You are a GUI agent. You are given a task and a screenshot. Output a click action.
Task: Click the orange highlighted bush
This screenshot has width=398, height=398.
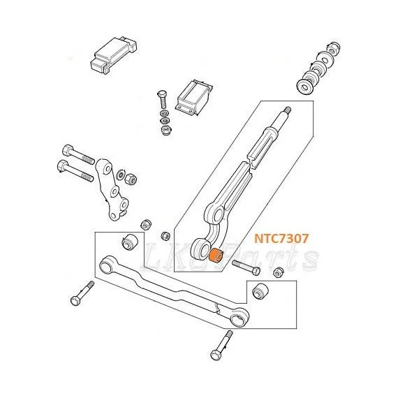click(x=215, y=256)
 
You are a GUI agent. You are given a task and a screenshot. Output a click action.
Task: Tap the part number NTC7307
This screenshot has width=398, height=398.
click(x=281, y=239)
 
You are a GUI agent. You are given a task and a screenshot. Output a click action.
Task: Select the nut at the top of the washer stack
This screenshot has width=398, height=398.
click(x=334, y=47)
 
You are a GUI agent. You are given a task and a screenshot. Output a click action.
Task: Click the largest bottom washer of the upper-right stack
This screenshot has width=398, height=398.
click(x=305, y=87)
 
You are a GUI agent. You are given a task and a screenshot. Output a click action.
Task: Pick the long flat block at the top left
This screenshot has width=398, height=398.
click(x=113, y=56)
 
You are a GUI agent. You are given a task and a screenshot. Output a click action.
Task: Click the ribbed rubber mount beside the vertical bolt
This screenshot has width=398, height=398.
click(x=193, y=97)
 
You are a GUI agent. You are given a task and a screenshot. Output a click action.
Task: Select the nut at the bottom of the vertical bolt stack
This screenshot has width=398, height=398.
click(x=165, y=131)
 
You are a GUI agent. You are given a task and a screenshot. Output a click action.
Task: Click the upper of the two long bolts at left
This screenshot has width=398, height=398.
click(x=78, y=154)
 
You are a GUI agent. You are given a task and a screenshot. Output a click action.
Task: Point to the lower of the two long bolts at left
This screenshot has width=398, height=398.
click(x=75, y=171)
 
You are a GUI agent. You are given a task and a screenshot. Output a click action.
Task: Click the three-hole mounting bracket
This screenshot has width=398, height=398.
click(x=112, y=190)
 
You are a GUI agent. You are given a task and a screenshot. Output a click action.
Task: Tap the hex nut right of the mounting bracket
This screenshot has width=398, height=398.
click(x=131, y=178)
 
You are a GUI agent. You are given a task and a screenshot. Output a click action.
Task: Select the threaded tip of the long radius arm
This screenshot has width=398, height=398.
click(x=288, y=111)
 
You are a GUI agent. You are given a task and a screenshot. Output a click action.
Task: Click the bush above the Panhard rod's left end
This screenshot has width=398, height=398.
click(x=129, y=241)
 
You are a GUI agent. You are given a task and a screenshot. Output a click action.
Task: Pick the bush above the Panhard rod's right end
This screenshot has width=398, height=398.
click(x=260, y=291)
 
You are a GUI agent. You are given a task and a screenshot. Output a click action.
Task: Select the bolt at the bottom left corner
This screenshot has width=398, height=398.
click(x=82, y=293)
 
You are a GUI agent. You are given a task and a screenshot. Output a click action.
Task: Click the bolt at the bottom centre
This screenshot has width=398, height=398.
click(x=221, y=345)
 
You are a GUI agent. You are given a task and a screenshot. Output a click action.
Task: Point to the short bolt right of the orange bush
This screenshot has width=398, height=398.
click(x=246, y=268)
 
